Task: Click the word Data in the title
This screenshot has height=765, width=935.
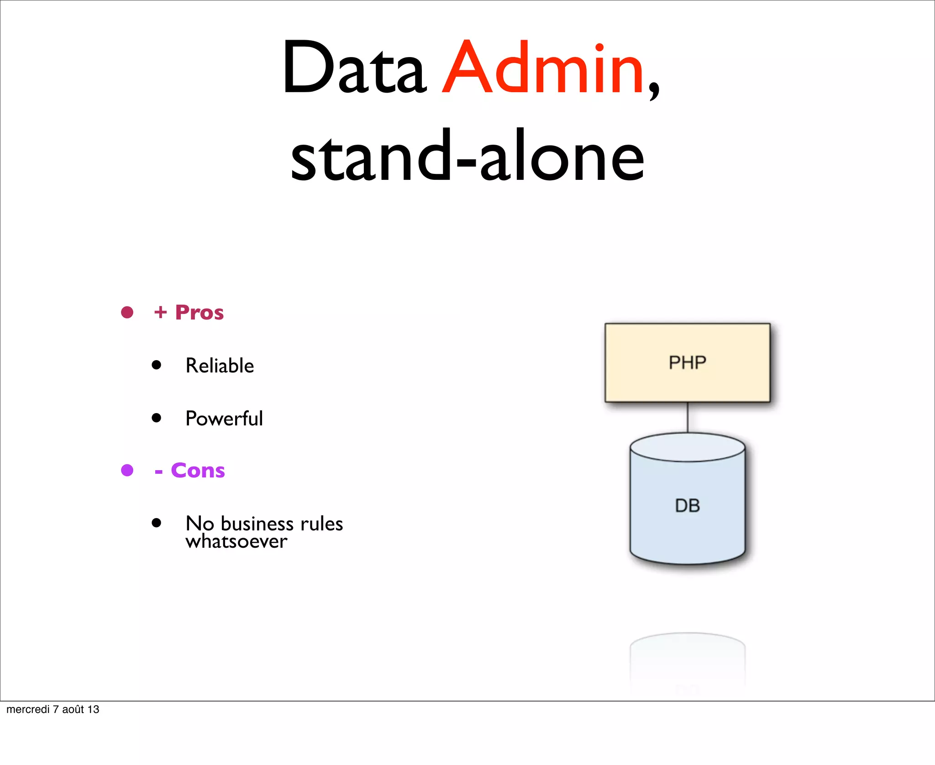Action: [x=354, y=68]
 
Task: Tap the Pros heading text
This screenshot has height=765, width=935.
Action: [x=199, y=313]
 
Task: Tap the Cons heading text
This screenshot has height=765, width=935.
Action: [x=198, y=470]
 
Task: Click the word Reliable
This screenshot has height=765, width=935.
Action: [x=220, y=366]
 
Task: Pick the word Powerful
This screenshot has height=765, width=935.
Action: [x=224, y=419]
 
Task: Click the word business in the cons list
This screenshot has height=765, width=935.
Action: [x=257, y=524]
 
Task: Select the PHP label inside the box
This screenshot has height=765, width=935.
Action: [x=687, y=363]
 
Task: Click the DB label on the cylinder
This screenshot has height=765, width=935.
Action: [x=687, y=506]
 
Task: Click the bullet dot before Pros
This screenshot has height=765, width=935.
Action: [x=127, y=313]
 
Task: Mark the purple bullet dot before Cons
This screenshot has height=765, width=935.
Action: [x=127, y=470]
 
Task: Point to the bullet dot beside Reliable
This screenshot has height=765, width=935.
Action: [x=157, y=365]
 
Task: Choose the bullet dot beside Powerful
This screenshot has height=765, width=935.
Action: [x=157, y=418]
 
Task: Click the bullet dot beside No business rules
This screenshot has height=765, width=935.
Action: [x=157, y=523]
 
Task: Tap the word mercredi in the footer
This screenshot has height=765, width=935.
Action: [x=28, y=709]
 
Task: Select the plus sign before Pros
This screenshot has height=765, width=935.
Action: [x=160, y=313]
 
